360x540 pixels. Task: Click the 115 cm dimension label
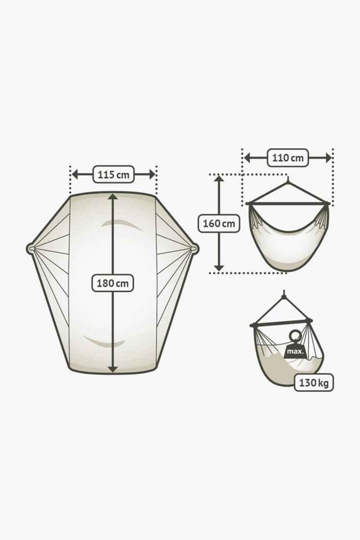click(x=113, y=174)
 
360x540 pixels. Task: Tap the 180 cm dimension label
click(x=112, y=283)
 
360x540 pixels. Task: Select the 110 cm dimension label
click(x=288, y=158)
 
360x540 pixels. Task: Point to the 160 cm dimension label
click(x=219, y=224)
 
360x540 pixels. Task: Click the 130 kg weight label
click(x=314, y=383)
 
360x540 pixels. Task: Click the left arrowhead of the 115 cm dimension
click(x=75, y=174)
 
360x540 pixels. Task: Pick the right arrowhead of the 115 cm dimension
click(x=152, y=174)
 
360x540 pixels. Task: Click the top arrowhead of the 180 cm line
click(x=113, y=197)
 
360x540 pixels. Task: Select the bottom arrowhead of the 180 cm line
click(x=113, y=369)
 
